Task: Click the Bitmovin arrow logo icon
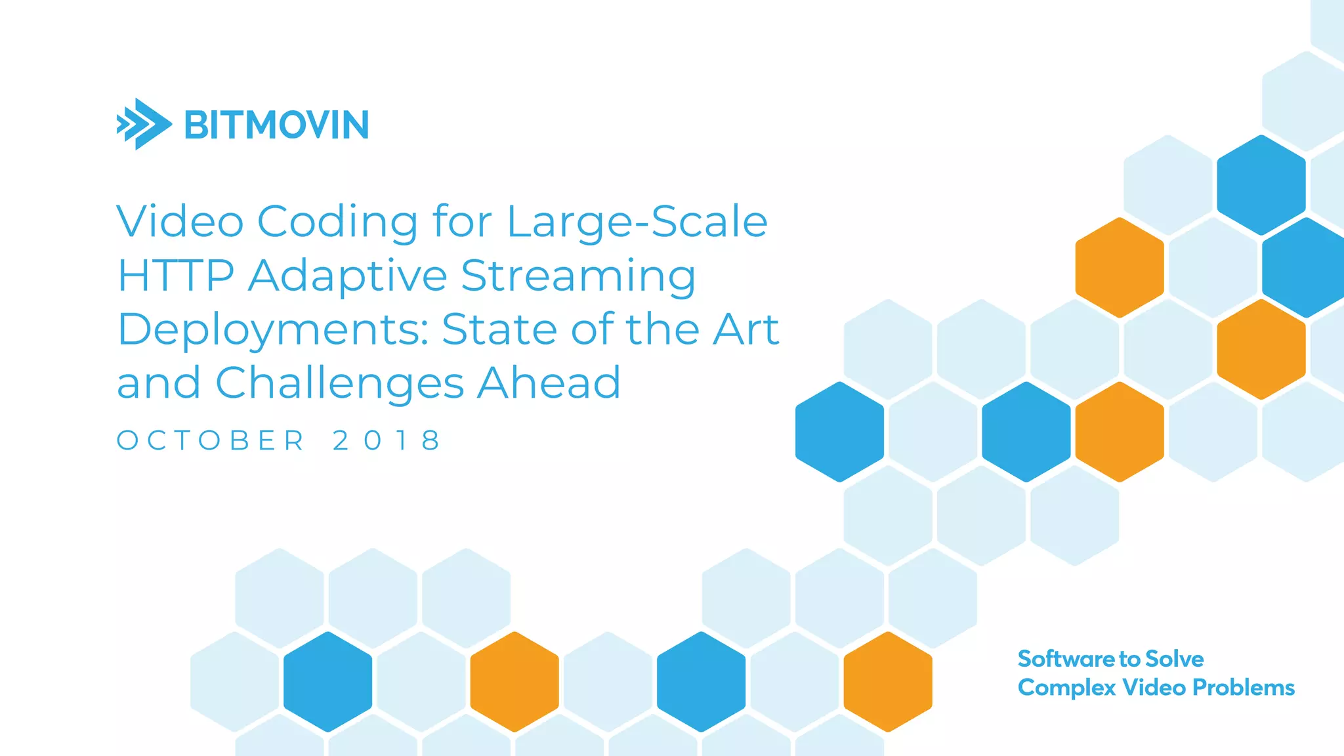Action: (x=144, y=124)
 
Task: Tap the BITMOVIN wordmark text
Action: (x=276, y=125)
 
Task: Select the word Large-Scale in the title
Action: (x=637, y=222)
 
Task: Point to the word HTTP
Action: (x=175, y=276)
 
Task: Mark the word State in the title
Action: (x=499, y=329)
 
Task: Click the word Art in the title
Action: (x=746, y=329)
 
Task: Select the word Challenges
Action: (x=340, y=383)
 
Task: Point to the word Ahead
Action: (x=549, y=383)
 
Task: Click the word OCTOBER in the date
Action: (x=211, y=440)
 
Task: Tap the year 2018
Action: (x=387, y=440)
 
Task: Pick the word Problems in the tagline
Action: (x=1243, y=687)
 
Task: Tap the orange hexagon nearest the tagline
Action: (x=888, y=681)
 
